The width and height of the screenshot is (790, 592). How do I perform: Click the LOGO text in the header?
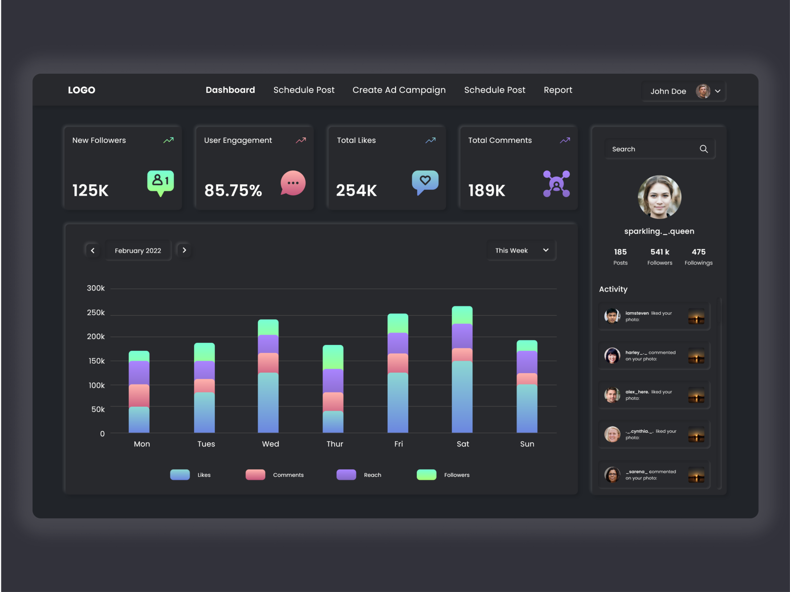coord(81,90)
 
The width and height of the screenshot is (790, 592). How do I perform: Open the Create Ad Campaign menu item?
coord(399,90)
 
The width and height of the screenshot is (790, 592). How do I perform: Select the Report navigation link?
coord(558,90)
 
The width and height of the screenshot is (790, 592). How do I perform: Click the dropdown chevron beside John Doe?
coord(718,91)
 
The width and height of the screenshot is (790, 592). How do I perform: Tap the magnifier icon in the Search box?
coord(704,149)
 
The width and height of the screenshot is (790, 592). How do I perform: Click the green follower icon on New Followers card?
coord(160,182)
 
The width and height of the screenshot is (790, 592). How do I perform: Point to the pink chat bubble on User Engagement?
coord(293,183)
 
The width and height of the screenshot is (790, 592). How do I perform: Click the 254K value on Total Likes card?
coord(356,190)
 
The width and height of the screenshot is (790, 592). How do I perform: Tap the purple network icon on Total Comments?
coord(556,184)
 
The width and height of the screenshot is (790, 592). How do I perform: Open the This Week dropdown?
coord(521,251)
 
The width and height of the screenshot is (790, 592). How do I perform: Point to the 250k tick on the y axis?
coord(96,313)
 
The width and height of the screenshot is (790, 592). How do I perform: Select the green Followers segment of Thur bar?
coord(333,357)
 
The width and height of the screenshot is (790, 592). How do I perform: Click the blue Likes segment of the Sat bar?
coord(462,396)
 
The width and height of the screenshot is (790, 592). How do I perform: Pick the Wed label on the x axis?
coord(271,444)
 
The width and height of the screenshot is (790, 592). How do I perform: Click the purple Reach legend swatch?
coord(346,475)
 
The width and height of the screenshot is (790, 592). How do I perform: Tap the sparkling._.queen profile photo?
coord(659,197)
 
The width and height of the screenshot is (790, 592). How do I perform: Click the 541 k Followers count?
coord(660,252)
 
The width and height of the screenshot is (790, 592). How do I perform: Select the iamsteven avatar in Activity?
coord(612,316)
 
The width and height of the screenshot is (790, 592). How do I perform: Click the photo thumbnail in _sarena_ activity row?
coord(696,475)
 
